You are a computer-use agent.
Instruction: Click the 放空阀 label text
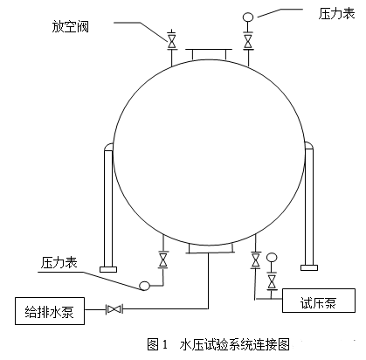point(71,27)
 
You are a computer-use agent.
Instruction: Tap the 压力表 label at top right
point(336,14)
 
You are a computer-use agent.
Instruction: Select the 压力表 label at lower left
point(59,263)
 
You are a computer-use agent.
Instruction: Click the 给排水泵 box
point(50,311)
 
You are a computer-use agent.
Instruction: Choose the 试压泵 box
point(319,301)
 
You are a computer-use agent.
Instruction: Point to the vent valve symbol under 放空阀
point(172,41)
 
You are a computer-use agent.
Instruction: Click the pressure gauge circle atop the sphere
point(248,17)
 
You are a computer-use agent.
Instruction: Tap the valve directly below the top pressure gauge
point(248,41)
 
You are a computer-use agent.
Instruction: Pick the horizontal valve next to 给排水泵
point(114,308)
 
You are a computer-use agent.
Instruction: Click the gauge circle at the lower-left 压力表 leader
point(144,286)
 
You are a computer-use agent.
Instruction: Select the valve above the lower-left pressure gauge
point(163,260)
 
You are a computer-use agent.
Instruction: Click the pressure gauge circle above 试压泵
point(272,258)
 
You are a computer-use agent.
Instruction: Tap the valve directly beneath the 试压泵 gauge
point(272,281)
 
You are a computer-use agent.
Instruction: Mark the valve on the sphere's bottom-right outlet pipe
point(256,260)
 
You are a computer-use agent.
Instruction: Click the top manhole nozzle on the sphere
point(209,55)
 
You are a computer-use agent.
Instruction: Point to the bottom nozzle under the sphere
point(211,248)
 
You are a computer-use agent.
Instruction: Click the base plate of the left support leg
point(108,269)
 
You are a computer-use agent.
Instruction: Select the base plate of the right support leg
point(309,267)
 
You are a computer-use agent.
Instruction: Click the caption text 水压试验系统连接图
point(235,344)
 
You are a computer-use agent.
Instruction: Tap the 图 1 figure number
point(157,344)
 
